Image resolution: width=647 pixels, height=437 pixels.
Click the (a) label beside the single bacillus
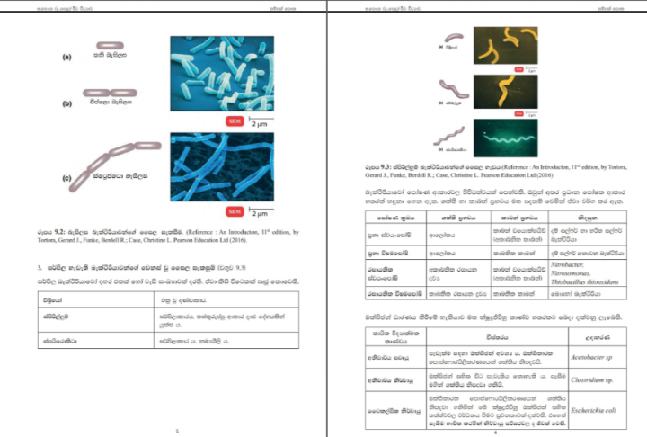[x=66, y=57]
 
